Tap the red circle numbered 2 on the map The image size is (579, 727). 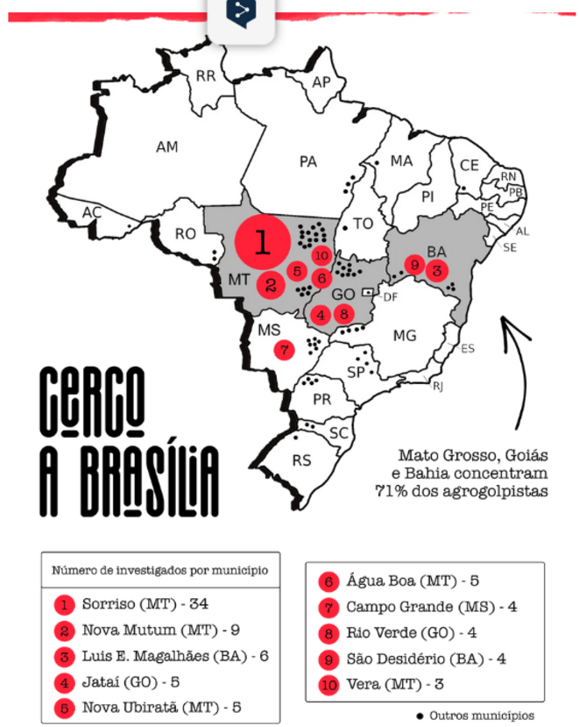pyautogui.click(x=271, y=285)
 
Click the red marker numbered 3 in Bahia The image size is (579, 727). pyautogui.click(x=437, y=270)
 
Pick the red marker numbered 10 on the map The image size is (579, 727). pyautogui.click(x=321, y=256)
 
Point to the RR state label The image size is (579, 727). pyautogui.click(x=206, y=76)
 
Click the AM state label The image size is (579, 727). pyautogui.click(x=167, y=146)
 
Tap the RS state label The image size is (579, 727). pyautogui.click(x=301, y=460)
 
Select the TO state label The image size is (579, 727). pyautogui.click(x=364, y=224)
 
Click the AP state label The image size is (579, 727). pyautogui.click(x=321, y=82)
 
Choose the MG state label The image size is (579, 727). pyautogui.click(x=405, y=336)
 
